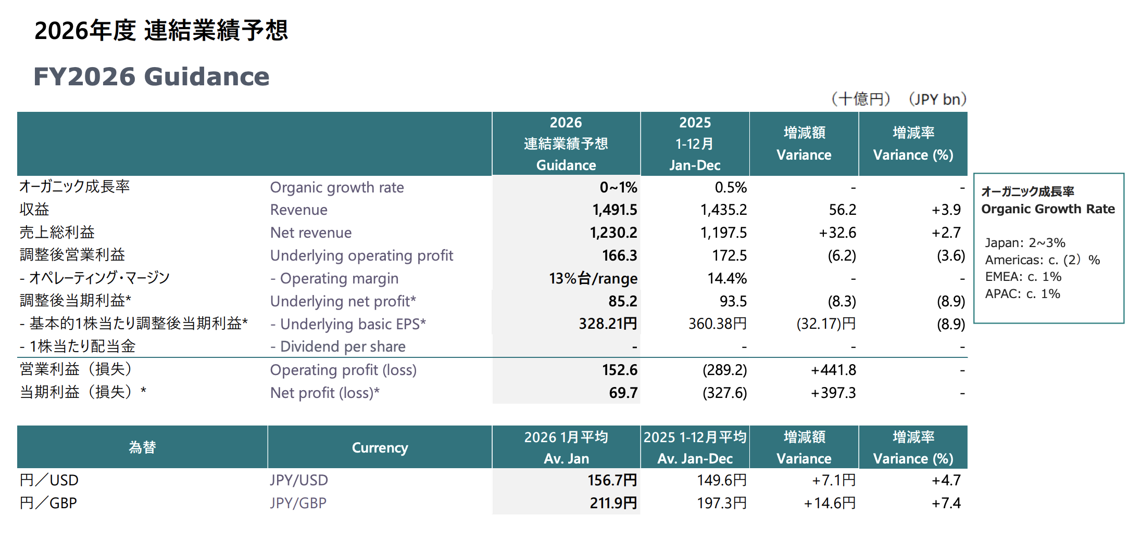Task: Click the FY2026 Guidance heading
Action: click(152, 77)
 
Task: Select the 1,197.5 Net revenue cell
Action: click(723, 233)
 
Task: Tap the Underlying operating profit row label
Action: click(361, 255)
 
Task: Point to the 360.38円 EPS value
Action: click(717, 324)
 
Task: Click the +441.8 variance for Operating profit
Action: click(833, 370)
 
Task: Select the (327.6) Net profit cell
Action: click(724, 393)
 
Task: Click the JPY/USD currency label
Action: click(299, 480)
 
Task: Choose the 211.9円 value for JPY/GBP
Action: click(613, 503)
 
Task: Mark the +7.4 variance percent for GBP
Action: click(946, 503)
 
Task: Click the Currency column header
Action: click(380, 447)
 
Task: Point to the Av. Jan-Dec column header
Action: click(695, 458)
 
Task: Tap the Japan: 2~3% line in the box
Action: click(1024, 243)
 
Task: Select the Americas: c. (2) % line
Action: click(1042, 260)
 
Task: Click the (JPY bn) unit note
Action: click(937, 99)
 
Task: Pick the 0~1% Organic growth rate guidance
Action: click(618, 187)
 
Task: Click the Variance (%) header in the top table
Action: click(913, 154)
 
